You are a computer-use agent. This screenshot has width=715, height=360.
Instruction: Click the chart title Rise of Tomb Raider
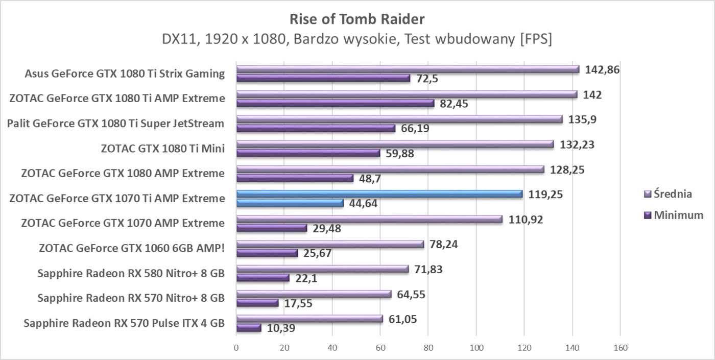click(x=357, y=19)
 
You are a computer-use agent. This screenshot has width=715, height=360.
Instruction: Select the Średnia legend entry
click(x=673, y=194)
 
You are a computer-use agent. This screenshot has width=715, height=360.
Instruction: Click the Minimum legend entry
click(x=677, y=215)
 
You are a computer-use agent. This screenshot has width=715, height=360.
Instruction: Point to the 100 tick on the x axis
click(x=476, y=348)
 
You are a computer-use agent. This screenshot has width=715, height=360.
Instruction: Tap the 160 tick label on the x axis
click(x=620, y=348)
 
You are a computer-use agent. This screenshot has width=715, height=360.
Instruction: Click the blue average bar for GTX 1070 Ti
click(x=379, y=194)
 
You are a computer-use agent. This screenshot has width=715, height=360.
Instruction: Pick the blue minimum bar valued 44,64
click(x=290, y=203)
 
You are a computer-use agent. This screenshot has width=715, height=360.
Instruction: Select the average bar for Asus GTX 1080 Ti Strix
click(x=408, y=69)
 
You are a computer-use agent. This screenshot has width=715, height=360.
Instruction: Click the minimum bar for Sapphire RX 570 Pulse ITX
click(x=249, y=328)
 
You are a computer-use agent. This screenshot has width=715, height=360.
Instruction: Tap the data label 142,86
click(x=602, y=69)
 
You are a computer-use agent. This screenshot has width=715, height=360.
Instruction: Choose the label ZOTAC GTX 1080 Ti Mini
click(x=163, y=149)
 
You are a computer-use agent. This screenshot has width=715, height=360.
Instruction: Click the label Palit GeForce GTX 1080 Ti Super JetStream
click(x=115, y=124)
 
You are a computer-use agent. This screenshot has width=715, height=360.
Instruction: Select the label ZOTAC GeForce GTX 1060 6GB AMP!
click(x=132, y=249)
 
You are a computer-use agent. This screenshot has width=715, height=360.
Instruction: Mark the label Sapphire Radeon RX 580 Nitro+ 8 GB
click(x=131, y=273)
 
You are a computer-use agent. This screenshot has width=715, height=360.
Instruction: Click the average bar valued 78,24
click(x=330, y=244)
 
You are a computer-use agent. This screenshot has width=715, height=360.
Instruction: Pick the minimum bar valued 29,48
click(x=271, y=228)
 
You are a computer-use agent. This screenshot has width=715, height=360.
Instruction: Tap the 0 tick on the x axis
click(x=236, y=348)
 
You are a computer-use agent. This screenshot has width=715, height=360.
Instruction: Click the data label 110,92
click(x=526, y=220)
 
